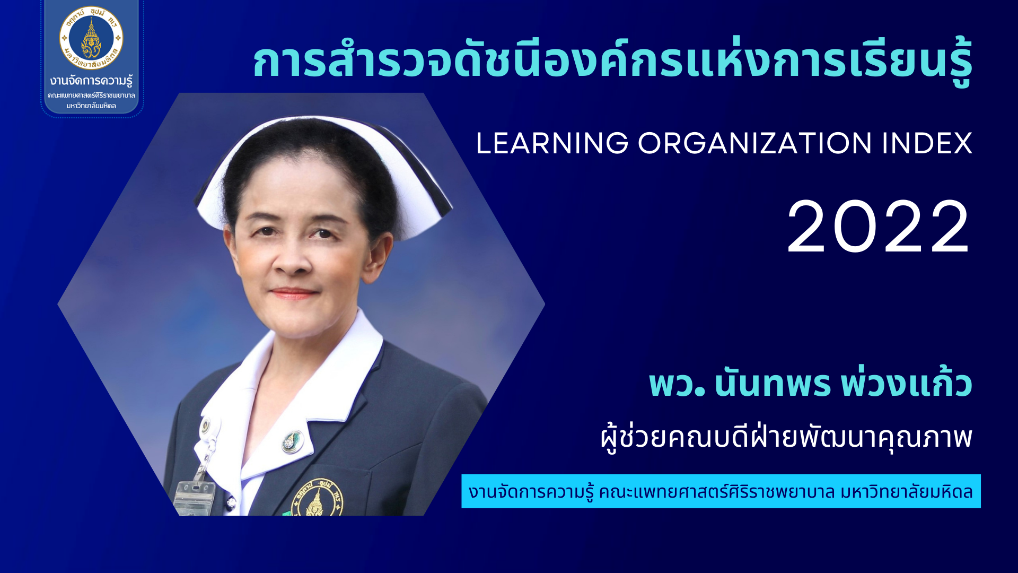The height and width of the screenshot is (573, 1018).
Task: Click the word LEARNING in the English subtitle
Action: tap(552, 143)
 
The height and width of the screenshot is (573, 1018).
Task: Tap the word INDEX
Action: tap(927, 143)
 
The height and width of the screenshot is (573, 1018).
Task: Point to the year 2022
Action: tap(879, 227)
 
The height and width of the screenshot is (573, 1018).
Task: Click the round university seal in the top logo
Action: tap(91, 38)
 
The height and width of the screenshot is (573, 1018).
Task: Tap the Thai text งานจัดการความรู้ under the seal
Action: tap(91, 81)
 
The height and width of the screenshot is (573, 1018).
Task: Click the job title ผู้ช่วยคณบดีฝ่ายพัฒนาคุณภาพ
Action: tap(786, 437)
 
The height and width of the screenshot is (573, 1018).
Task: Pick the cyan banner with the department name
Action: tap(721, 491)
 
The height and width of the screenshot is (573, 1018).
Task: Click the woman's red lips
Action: tap(293, 293)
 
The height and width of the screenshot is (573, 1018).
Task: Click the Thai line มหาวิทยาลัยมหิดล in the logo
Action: tap(91, 106)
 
